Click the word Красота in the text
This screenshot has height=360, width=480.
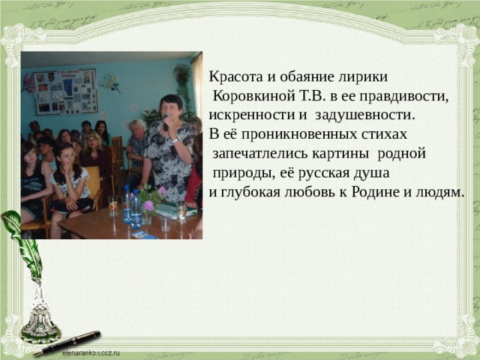(234, 78)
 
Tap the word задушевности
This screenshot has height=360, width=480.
(364, 115)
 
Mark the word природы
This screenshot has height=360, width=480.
(240, 174)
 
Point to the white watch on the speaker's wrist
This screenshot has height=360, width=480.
(175, 139)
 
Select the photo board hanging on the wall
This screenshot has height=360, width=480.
(65, 91)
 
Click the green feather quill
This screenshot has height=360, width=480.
(20, 247)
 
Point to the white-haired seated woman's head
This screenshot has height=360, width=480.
(139, 126)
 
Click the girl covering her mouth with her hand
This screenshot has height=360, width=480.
(67, 169)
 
